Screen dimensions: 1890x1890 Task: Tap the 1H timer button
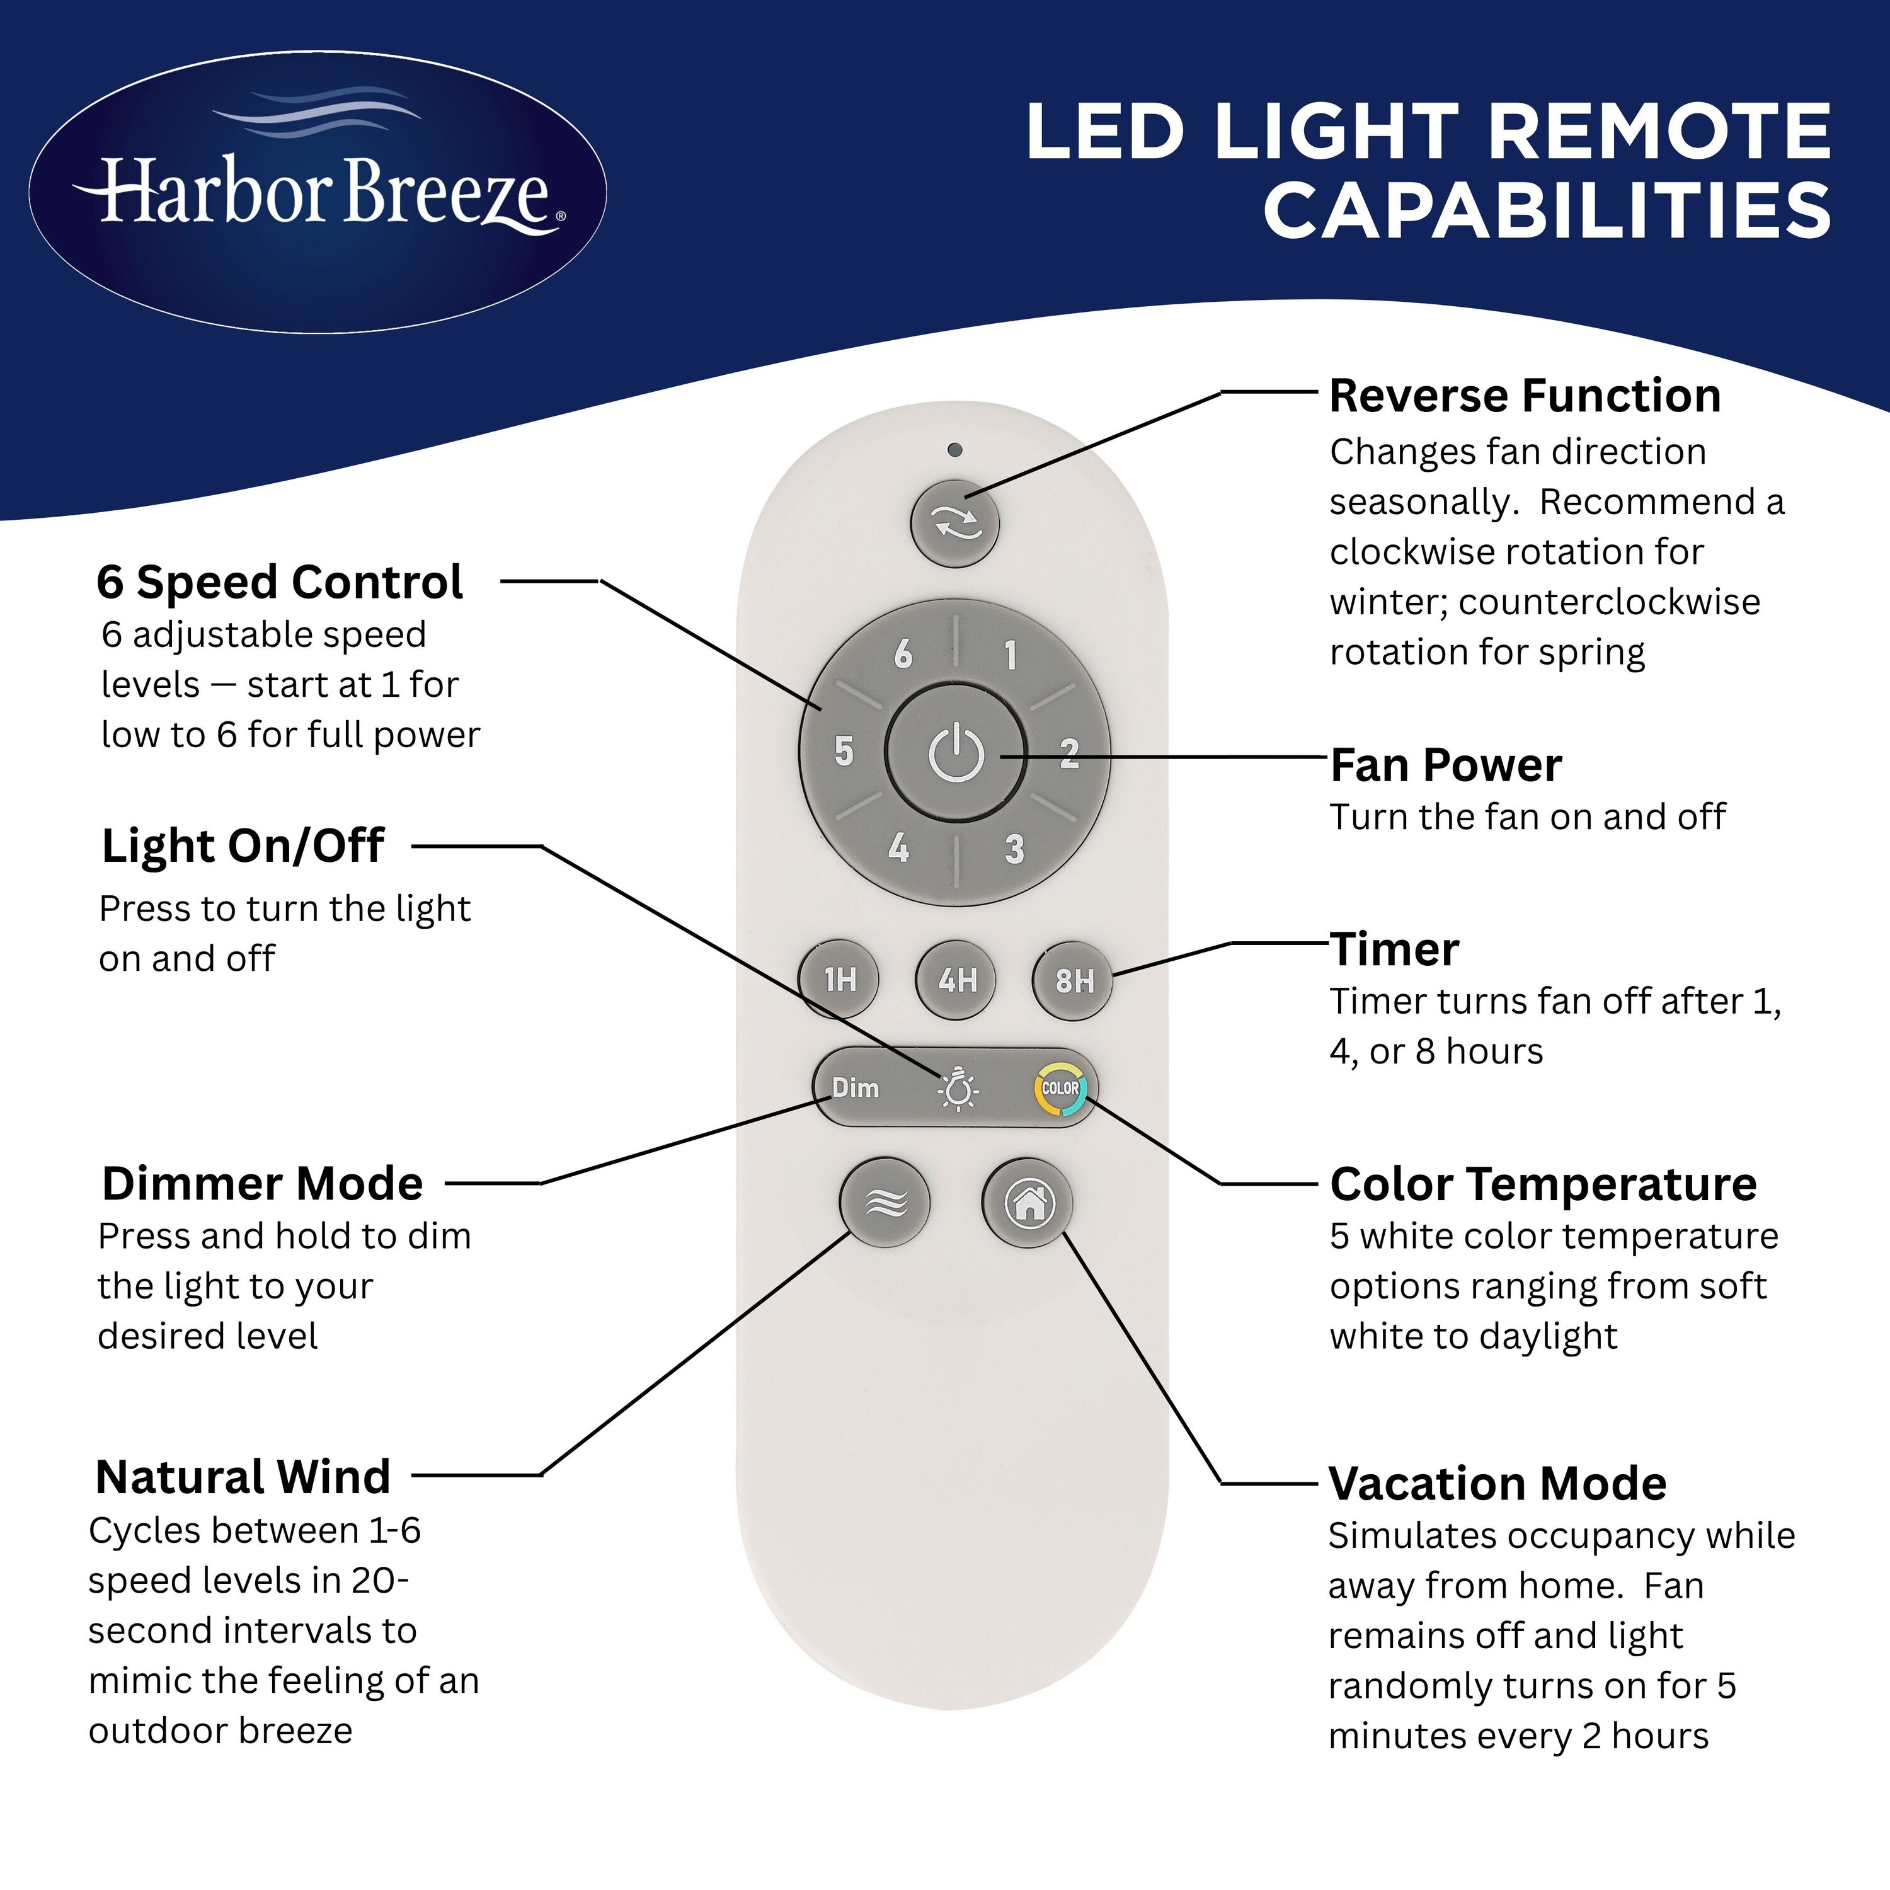coord(839,979)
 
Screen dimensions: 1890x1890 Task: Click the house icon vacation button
coord(1027,1202)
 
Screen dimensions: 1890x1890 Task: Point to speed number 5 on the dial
coord(844,752)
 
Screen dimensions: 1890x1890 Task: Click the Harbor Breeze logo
coord(318,192)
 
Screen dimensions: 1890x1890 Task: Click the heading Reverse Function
coord(1524,396)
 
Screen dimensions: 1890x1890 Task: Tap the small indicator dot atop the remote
coord(955,450)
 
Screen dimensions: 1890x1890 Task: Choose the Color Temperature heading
coord(1543,1184)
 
